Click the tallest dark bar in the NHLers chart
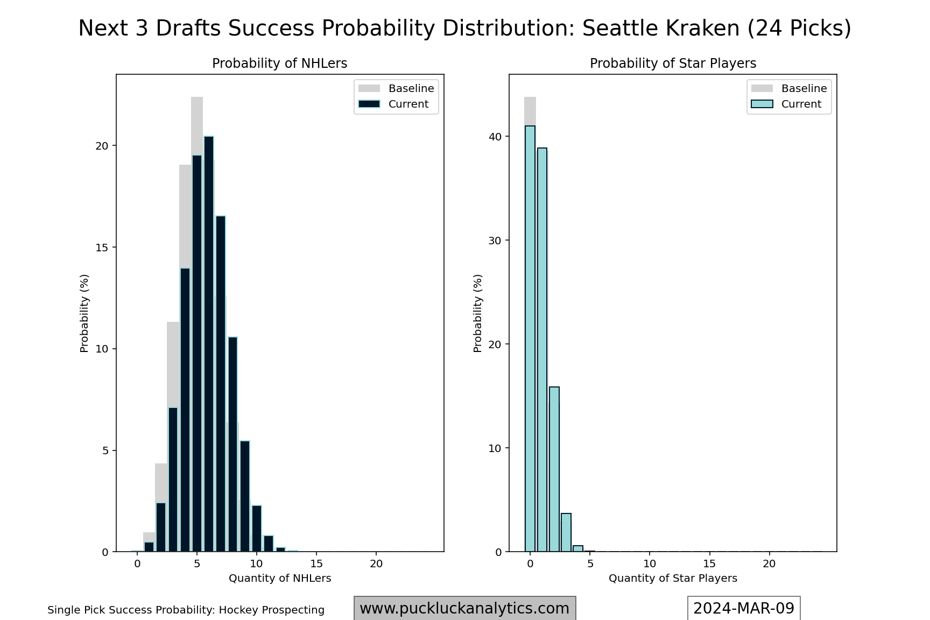[x=209, y=344]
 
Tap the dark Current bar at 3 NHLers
[x=173, y=480]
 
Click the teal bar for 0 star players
[x=530, y=339]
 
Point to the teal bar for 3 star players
[x=566, y=533]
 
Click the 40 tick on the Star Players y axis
[x=495, y=137]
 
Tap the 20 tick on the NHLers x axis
[x=376, y=563]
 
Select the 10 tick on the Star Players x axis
[x=650, y=563]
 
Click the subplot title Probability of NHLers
[x=280, y=64]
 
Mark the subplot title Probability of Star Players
[x=673, y=64]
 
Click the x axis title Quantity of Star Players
[x=673, y=578]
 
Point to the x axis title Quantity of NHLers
[x=280, y=578]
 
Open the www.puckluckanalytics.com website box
[x=464, y=608]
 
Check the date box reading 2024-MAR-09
[x=744, y=608]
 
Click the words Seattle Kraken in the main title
[x=661, y=28]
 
